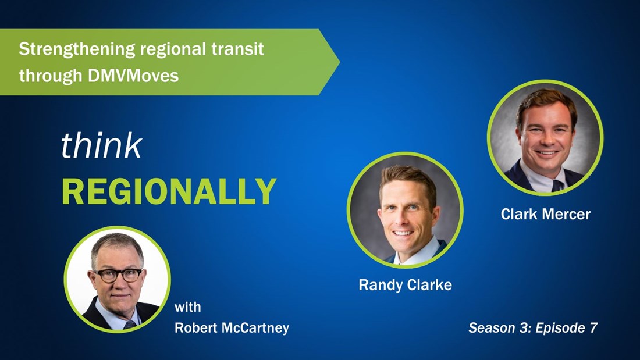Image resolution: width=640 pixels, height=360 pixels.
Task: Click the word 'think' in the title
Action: [101, 146]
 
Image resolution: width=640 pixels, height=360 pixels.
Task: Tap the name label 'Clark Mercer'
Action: [545, 215]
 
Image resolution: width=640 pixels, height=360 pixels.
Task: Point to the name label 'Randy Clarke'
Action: [405, 285]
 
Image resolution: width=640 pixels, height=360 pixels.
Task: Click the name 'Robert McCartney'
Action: [232, 328]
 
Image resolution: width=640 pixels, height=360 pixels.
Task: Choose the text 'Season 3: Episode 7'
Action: [533, 328]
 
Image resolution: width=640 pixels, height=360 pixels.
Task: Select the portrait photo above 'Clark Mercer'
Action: [545, 137]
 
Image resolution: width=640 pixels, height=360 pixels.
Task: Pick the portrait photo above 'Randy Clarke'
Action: [405, 210]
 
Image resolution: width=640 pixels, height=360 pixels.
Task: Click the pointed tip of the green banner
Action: [337, 62]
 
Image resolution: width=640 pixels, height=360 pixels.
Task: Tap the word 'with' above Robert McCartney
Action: [187, 307]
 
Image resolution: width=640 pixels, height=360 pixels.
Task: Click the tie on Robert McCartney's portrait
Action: [130, 324]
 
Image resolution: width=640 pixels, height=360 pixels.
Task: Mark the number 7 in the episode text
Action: [593, 328]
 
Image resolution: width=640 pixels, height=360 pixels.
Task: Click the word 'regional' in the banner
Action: [172, 49]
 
